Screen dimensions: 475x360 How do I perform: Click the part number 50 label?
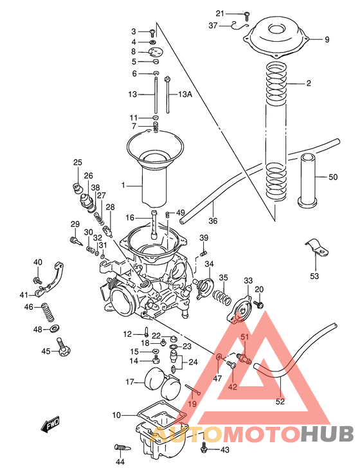(332, 177)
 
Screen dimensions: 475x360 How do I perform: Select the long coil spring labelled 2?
(277, 129)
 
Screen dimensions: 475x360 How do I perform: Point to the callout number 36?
(213, 221)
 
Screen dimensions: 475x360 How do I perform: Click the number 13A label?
(185, 94)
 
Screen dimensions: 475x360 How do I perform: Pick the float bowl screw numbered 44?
(120, 447)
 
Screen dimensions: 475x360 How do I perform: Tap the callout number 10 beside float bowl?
(116, 415)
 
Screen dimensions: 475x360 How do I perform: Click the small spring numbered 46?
(47, 314)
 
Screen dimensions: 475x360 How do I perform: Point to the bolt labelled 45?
(64, 349)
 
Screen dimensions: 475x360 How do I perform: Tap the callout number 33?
(248, 280)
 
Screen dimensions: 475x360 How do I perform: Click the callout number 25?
(78, 163)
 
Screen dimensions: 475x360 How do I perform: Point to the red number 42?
(232, 387)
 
